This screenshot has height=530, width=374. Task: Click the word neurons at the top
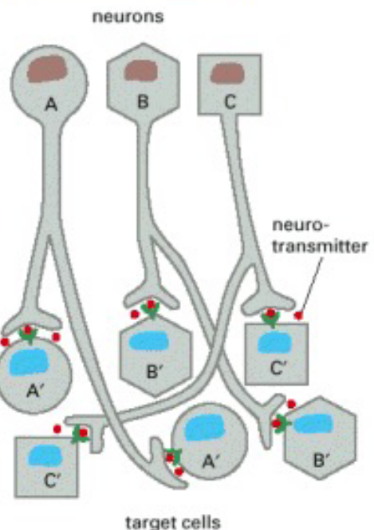click(x=128, y=16)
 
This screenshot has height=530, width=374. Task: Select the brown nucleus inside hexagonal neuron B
click(x=142, y=70)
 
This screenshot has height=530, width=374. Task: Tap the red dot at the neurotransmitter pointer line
click(x=299, y=316)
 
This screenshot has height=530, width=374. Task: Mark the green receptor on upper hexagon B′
click(x=149, y=312)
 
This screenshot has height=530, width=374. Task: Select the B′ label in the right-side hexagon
click(x=321, y=460)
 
